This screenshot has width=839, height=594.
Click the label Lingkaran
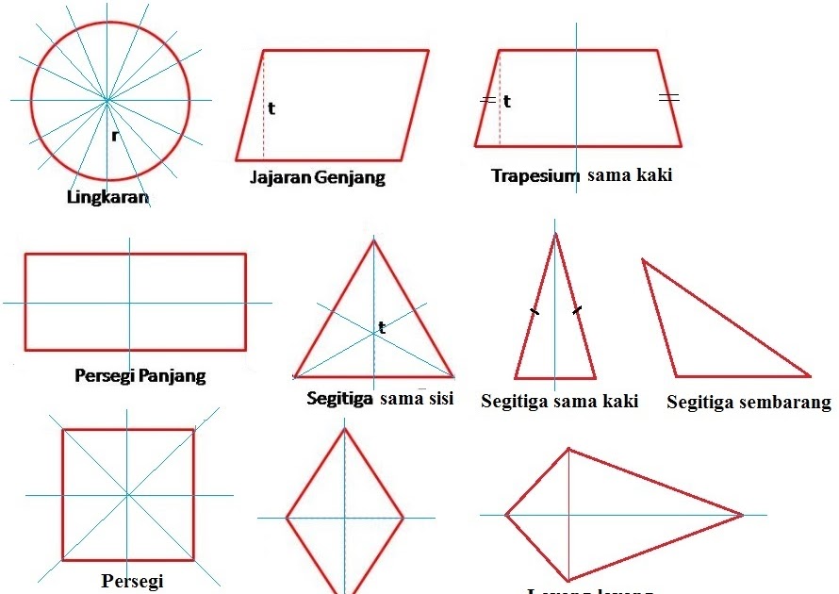click(x=108, y=198)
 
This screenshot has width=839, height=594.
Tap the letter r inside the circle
click(x=114, y=136)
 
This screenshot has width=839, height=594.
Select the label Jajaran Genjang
click(x=318, y=177)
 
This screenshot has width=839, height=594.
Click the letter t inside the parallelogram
click(x=271, y=108)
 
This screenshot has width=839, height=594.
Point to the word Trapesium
click(x=535, y=175)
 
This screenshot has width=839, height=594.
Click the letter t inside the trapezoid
click(x=507, y=101)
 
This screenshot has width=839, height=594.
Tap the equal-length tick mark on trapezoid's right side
click(x=668, y=97)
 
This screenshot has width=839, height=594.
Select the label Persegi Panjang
click(x=140, y=375)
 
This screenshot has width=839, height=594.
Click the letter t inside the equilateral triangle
click(x=382, y=328)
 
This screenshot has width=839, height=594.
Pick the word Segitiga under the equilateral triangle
click(x=340, y=398)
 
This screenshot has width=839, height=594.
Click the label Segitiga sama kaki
click(x=559, y=402)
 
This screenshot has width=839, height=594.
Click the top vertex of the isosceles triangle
click(x=555, y=232)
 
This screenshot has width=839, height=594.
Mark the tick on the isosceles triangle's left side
click(x=535, y=310)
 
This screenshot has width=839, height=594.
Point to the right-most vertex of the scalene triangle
click(x=810, y=376)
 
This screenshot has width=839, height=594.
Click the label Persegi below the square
click(x=131, y=579)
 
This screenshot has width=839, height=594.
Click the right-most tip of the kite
click(x=743, y=515)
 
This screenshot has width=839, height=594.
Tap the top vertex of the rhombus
click(x=345, y=429)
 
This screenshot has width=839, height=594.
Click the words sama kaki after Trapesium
click(x=630, y=174)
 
